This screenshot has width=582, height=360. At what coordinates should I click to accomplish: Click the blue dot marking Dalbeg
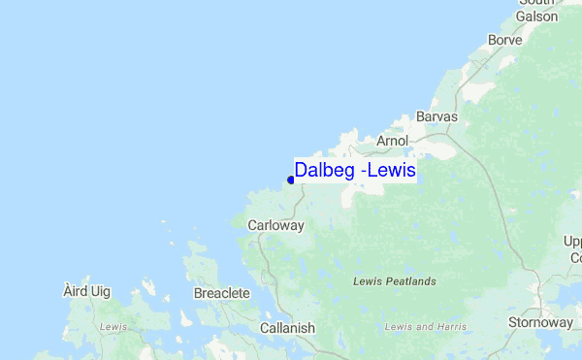tap(291, 180)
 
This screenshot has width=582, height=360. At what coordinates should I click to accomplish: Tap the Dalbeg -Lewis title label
tap(355, 170)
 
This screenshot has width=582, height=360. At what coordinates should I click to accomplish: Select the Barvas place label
tap(436, 116)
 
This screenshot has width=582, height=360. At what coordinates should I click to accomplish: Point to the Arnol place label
tap(393, 141)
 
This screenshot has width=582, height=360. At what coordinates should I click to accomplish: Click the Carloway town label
tap(276, 225)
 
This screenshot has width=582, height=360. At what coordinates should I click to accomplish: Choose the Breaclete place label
tap(223, 293)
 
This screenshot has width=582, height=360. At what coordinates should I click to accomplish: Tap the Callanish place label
tap(287, 328)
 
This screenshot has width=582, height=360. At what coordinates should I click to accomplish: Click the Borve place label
tap(505, 41)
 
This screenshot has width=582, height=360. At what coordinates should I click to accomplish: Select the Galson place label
tap(537, 16)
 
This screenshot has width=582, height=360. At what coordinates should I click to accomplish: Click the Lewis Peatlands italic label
tap(395, 281)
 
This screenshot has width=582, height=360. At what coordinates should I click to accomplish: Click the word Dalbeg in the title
tap(323, 170)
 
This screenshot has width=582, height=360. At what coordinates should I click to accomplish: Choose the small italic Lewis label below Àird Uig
tap(113, 327)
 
